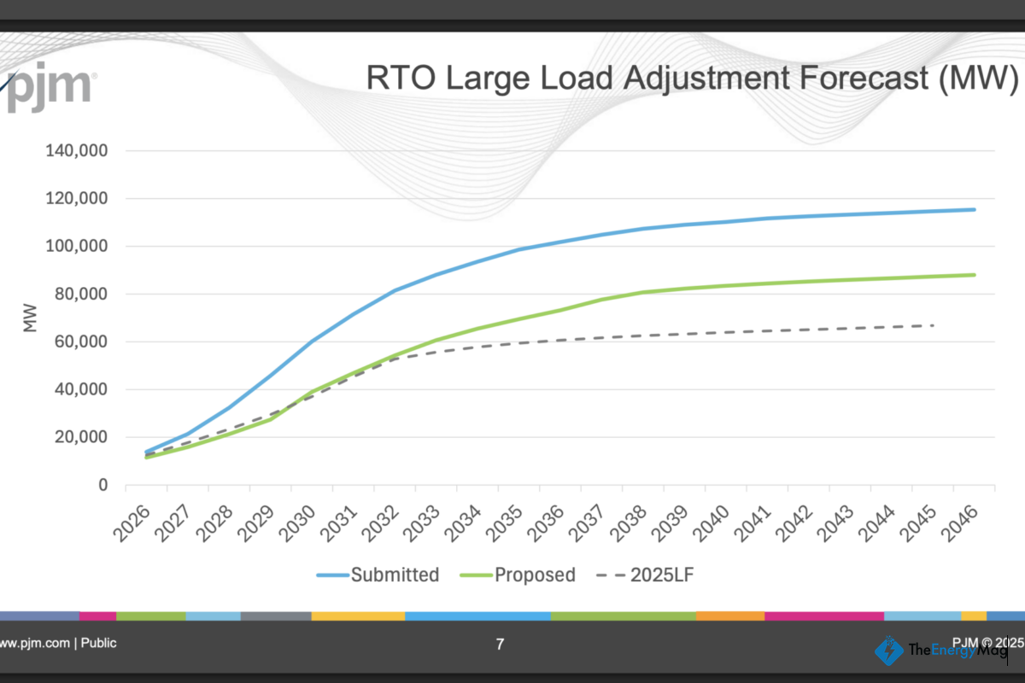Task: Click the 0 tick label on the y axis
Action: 102,485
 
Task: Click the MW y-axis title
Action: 31,318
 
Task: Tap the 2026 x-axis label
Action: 133,523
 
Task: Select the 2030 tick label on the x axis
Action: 299,523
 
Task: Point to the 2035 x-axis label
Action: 506,523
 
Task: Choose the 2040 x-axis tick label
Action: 712,523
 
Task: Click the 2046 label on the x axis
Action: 960,523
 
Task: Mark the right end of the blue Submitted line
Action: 974,209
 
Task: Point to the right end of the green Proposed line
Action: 974,275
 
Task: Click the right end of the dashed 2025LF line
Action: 933,325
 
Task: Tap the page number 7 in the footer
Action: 500,645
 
